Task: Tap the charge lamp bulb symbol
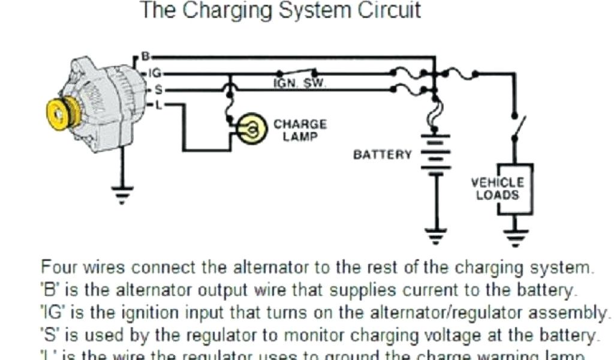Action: coord(251,128)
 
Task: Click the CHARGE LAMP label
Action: coord(300,130)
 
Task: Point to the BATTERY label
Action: coord(382,155)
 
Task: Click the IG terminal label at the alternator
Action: coord(154,73)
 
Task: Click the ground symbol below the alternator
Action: coord(123,194)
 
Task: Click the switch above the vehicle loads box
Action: coord(516,126)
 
